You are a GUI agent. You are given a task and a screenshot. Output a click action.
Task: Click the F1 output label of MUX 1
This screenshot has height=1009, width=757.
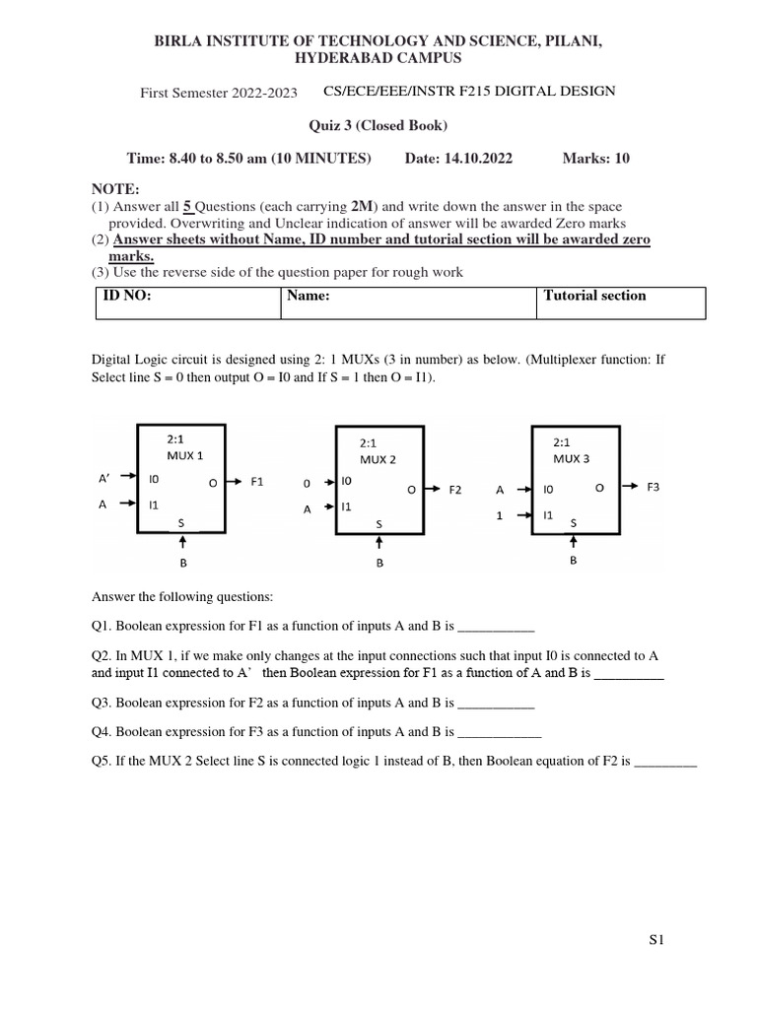pyautogui.click(x=258, y=482)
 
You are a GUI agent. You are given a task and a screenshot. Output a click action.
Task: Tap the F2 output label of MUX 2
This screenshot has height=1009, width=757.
pyautogui.click(x=455, y=489)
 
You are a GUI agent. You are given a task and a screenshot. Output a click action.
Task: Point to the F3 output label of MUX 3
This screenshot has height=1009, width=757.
pyautogui.click(x=654, y=487)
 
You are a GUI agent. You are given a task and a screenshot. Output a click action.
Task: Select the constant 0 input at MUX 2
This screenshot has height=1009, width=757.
pyautogui.click(x=307, y=484)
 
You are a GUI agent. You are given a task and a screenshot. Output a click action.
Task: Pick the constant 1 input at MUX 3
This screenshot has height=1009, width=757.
pyautogui.click(x=500, y=514)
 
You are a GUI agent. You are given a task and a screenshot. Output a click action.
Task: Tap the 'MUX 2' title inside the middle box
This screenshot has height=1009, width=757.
pyautogui.click(x=378, y=459)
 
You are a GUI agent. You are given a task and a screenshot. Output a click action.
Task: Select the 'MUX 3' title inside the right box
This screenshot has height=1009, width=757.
pyautogui.click(x=572, y=458)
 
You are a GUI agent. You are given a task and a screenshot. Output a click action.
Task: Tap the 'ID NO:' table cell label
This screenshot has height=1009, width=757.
pyautogui.click(x=127, y=296)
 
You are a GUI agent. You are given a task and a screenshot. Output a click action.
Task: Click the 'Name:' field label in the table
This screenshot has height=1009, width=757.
pyautogui.click(x=308, y=296)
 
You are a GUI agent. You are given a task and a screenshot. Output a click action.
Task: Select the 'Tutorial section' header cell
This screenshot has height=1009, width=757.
pyautogui.click(x=594, y=296)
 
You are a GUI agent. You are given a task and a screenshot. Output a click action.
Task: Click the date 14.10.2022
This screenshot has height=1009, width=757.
pyautogui.click(x=479, y=159)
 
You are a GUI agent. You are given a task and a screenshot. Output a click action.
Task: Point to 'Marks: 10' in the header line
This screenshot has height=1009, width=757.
pyautogui.click(x=594, y=159)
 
